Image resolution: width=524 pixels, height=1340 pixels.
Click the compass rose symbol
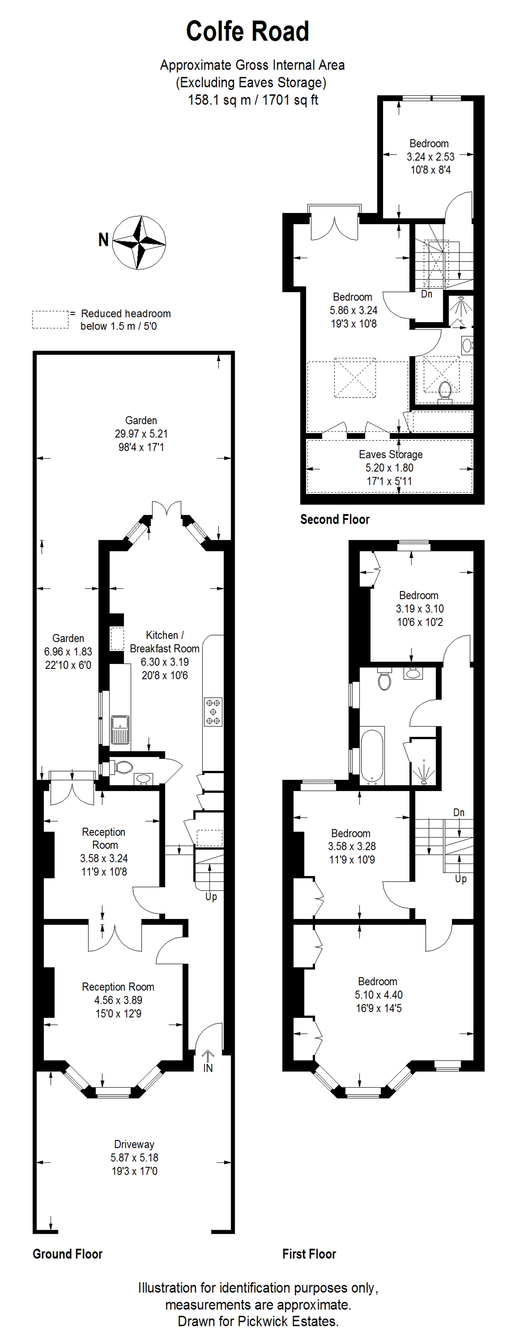click(x=139, y=242)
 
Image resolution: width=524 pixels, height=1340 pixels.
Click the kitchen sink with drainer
click(x=120, y=730)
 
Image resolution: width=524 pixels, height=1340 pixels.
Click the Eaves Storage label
click(x=391, y=454)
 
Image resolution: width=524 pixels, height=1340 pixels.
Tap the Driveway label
click(x=134, y=1144)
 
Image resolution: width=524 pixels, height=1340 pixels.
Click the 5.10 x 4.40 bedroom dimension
click(x=379, y=995)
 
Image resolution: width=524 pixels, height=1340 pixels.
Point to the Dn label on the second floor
click(x=427, y=294)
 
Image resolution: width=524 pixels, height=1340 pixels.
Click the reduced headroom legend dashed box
click(x=50, y=319)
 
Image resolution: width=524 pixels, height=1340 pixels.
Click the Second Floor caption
click(x=334, y=519)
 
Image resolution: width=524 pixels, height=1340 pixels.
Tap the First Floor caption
click(x=309, y=1254)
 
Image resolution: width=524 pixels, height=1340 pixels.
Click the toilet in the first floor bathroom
click(x=384, y=678)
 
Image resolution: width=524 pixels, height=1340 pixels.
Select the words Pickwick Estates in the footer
click(x=287, y=1321)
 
